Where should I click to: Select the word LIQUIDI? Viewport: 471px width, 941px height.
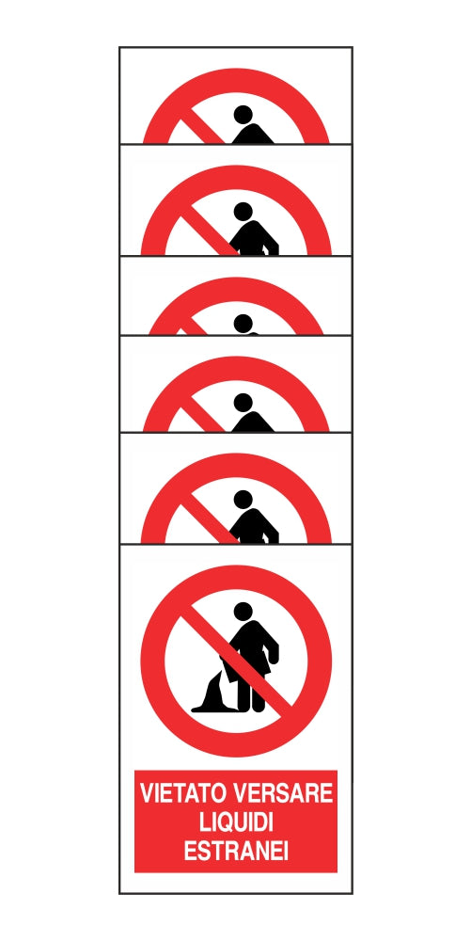coord(236,822)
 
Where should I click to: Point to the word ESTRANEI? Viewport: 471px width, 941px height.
coord(236,851)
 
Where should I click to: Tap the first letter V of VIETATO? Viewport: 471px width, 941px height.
coord(148,793)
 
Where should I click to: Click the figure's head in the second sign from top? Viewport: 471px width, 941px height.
coord(243,211)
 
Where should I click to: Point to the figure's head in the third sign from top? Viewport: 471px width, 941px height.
coord(243,323)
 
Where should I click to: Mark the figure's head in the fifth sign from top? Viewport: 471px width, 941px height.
coord(243,500)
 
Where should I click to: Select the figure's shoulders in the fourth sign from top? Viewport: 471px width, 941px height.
coord(253,423)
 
